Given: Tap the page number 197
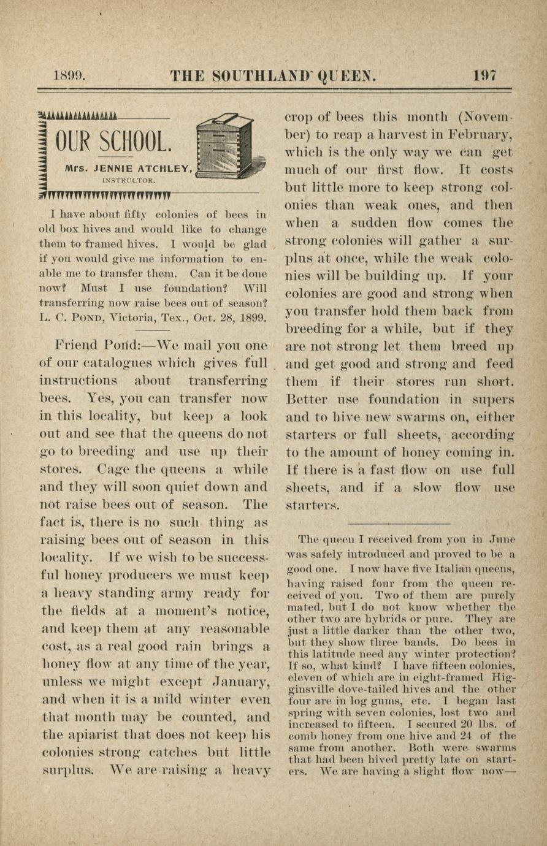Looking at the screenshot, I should (x=484, y=75).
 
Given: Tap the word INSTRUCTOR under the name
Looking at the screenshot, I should (x=129, y=180).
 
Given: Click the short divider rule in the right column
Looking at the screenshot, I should (x=399, y=524).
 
